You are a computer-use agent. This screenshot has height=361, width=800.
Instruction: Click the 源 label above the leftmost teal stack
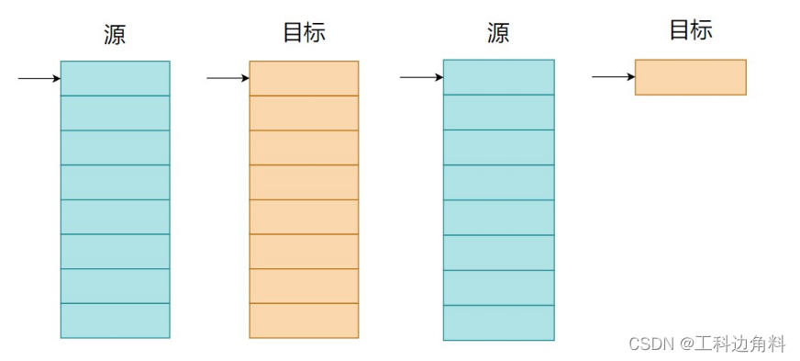[115, 35]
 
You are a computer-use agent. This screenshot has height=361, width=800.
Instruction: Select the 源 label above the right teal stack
[498, 35]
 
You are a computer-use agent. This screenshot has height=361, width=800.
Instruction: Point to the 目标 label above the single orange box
[690, 30]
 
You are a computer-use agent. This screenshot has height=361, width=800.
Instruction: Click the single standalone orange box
[690, 77]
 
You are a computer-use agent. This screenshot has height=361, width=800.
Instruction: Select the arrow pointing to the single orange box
[613, 77]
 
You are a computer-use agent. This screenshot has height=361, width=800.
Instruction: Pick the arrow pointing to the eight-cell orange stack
[228, 78]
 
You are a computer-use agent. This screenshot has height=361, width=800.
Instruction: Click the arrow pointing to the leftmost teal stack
[39, 78]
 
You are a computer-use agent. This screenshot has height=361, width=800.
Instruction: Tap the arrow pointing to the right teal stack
[421, 77]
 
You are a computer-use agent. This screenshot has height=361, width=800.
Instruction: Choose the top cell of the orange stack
[304, 78]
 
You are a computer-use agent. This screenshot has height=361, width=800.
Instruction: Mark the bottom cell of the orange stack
[304, 321]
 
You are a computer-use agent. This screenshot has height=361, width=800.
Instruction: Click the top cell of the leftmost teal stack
[115, 78]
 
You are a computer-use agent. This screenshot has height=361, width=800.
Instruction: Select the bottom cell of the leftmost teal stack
[115, 321]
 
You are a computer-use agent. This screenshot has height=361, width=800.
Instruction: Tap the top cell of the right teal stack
[498, 77]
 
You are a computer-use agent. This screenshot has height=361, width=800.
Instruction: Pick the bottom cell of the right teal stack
[498, 322]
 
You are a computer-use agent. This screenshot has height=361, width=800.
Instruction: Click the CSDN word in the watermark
[651, 344]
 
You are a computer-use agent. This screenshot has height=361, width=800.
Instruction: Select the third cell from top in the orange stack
[304, 147]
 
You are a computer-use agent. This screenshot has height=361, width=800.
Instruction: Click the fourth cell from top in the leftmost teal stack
[115, 182]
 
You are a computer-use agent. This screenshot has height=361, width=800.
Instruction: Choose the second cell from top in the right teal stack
[498, 112]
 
